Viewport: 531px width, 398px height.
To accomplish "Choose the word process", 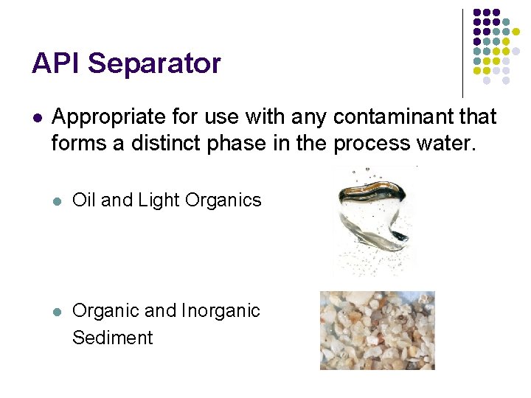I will (367, 144).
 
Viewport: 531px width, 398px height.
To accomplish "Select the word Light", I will (158, 200).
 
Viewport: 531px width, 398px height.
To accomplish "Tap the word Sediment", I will (112, 338).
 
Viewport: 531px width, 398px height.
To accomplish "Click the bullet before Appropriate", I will (37, 117).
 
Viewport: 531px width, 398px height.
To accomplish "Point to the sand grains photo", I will (377, 330).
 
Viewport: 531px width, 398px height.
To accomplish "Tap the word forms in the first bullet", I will (78, 142).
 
